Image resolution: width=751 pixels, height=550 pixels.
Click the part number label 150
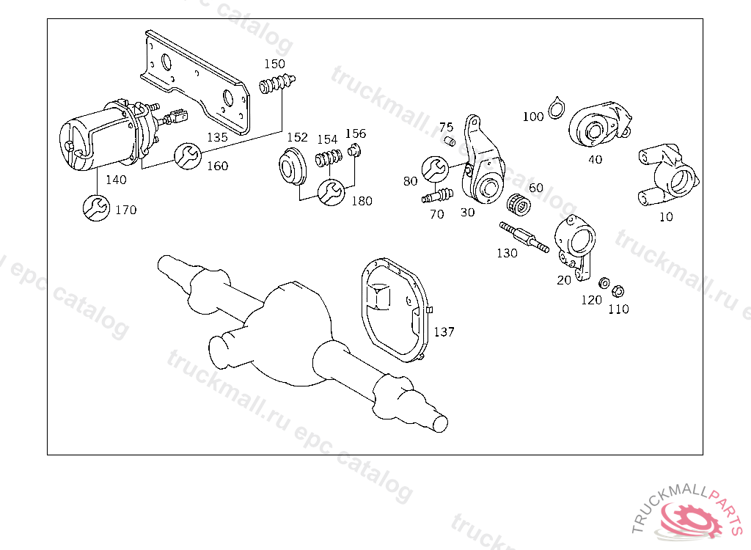point(274,64)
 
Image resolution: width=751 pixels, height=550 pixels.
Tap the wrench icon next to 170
point(96,208)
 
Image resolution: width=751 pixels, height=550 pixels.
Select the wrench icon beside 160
point(186,155)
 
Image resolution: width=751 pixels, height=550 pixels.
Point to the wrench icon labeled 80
point(435,168)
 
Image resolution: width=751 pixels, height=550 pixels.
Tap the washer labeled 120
point(603,283)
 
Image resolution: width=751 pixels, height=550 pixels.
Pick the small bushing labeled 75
point(450,139)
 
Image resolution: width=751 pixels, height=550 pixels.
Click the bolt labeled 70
point(438,196)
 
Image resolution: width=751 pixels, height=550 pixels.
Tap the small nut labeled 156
point(354,151)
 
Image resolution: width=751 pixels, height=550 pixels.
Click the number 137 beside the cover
point(444,331)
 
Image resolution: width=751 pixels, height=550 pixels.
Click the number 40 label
point(595,158)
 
